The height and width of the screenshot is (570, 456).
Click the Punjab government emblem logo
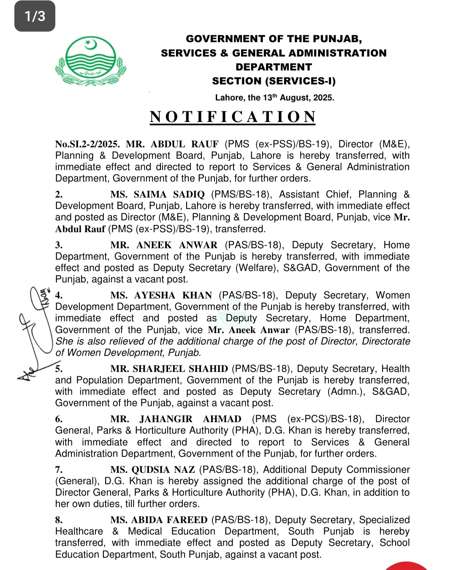click(90, 61)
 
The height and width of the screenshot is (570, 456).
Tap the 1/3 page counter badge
click(35, 16)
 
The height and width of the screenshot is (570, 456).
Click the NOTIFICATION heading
click(233, 117)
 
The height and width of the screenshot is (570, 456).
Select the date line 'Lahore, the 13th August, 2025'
click(274, 98)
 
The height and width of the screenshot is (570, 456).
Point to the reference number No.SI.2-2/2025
click(87, 144)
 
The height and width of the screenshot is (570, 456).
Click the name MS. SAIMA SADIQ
click(157, 195)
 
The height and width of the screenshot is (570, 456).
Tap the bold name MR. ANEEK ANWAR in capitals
click(164, 245)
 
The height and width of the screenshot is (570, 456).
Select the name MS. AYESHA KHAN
click(161, 296)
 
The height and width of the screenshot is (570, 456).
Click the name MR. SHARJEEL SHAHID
click(169, 369)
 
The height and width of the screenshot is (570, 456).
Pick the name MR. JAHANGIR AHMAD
click(176, 419)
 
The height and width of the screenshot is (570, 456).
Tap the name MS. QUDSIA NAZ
click(152, 470)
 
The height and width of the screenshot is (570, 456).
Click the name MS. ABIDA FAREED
click(159, 520)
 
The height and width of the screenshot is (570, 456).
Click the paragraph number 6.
click(59, 419)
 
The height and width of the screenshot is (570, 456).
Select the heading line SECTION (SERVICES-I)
click(274, 81)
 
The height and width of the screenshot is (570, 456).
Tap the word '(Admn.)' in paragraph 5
click(346, 392)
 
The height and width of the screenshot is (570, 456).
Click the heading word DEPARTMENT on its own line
click(274, 67)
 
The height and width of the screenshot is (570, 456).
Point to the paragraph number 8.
click(59, 520)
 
